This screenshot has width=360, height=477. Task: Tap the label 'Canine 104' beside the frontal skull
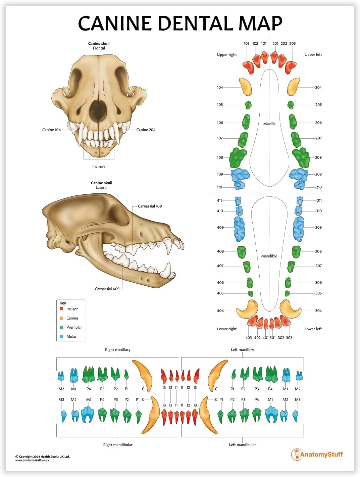pos(51,130)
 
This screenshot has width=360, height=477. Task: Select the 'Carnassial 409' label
pos(107,289)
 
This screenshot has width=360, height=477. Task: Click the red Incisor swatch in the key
pos(61,309)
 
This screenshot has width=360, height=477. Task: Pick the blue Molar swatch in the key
pos(61,336)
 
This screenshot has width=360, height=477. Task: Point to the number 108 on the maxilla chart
pos(220,157)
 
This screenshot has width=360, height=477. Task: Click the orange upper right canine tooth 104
pos(246,87)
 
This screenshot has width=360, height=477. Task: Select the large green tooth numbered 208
pos(301,157)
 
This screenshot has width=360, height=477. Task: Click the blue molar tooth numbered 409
pos(239,229)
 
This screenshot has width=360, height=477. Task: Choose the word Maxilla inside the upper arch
pos(269,124)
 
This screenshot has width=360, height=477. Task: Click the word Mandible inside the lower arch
pos(269,256)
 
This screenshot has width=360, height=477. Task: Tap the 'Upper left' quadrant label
pos(313,55)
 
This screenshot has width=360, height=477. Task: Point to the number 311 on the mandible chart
pos(319,200)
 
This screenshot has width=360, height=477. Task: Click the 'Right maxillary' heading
pos(117,350)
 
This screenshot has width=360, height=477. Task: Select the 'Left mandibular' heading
pos(242,445)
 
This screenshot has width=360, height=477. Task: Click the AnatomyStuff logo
pos(317,455)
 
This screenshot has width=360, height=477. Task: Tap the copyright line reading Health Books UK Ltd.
pos(43,457)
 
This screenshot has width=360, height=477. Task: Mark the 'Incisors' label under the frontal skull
pos(99,166)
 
